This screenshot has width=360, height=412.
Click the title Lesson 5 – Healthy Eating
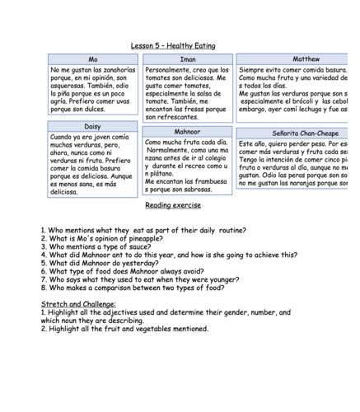point(173,45)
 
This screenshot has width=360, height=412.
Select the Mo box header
point(93,59)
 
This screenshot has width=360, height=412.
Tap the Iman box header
point(187,59)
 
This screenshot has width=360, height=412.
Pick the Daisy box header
point(93,126)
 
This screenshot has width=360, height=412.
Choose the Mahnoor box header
point(187,132)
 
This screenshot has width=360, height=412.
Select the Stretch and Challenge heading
point(79,304)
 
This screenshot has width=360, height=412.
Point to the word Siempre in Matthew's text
point(255,70)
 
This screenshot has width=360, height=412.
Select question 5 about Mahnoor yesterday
point(99,264)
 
